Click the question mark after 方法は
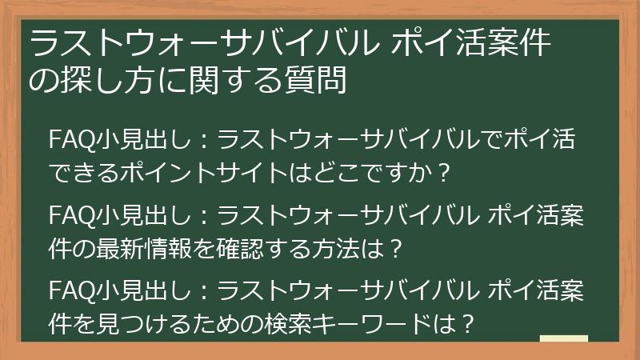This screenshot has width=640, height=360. click(x=390, y=249)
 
